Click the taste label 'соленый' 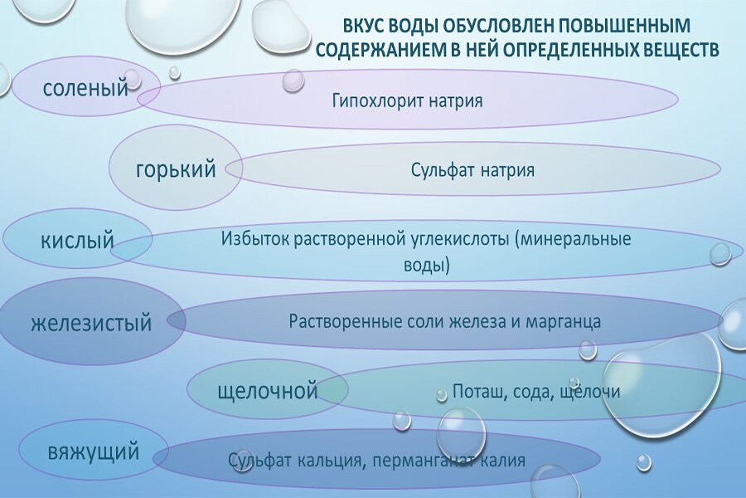click(85, 88)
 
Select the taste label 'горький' click(176, 169)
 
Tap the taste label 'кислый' click(77, 239)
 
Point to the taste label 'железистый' click(91, 323)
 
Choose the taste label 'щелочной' click(268, 391)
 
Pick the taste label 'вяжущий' click(94, 452)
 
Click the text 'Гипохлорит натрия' click(407, 101)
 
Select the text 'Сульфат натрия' click(472, 170)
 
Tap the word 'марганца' click(563, 322)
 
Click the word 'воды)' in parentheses click(426, 265)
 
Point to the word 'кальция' click(330, 461)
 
